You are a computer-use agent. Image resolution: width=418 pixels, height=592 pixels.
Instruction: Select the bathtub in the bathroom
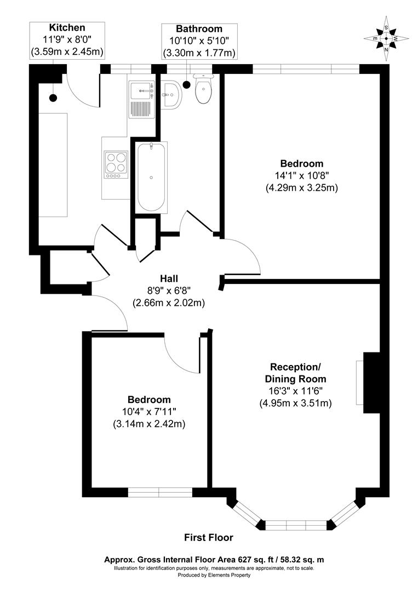click(151, 177)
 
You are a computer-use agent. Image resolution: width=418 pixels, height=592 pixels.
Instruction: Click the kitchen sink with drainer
click(142, 99)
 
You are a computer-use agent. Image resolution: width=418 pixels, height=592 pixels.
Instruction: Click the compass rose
click(386, 38)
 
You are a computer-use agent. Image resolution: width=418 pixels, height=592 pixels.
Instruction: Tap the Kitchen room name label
click(67, 28)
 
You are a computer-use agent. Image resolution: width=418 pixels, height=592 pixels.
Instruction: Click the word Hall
click(169, 278)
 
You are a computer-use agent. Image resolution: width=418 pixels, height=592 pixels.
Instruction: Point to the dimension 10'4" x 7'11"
click(149, 412)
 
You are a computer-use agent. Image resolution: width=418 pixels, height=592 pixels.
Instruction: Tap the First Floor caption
click(209, 538)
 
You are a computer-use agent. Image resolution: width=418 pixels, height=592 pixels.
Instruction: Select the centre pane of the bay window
click(296, 525)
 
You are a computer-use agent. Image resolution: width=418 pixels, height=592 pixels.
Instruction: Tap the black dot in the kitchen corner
click(53, 98)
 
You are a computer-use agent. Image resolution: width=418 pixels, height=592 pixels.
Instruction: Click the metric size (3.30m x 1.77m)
click(199, 53)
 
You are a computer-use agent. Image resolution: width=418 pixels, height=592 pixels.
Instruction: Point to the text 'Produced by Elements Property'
click(209, 575)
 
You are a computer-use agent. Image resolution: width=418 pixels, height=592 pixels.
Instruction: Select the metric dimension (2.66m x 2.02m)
click(169, 303)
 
